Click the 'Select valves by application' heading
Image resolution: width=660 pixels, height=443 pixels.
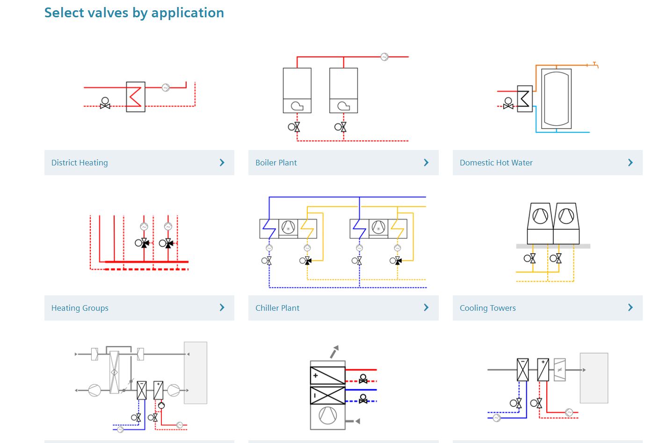click(x=134, y=13)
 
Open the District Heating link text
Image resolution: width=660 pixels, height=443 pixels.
click(x=80, y=163)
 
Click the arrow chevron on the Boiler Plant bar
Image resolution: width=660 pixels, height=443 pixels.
click(x=426, y=163)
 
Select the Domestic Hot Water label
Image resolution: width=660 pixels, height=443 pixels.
click(x=496, y=163)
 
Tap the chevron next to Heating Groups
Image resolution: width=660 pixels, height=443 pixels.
click(x=222, y=307)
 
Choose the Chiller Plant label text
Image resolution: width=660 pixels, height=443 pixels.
click(x=277, y=308)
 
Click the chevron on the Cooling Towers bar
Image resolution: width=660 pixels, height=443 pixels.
click(x=630, y=307)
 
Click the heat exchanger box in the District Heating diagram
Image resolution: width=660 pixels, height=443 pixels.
click(x=135, y=97)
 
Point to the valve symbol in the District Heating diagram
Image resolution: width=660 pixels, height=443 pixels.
click(x=105, y=104)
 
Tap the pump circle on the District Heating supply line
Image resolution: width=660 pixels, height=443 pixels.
click(x=166, y=87)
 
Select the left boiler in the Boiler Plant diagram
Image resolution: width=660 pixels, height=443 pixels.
click(x=297, y=90)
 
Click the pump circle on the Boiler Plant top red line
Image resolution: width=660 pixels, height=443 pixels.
click(x=384, y=57)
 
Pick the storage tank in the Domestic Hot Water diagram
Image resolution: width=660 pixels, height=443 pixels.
click(x=556, y=99)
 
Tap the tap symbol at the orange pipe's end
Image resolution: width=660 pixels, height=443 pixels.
click(x=595, y=64)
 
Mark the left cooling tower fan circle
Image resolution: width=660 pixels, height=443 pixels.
click(x=540, y=216)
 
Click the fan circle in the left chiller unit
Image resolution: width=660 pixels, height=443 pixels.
click(x=288, y=228)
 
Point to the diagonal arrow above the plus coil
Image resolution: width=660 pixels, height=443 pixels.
click(x=334, y=352)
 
